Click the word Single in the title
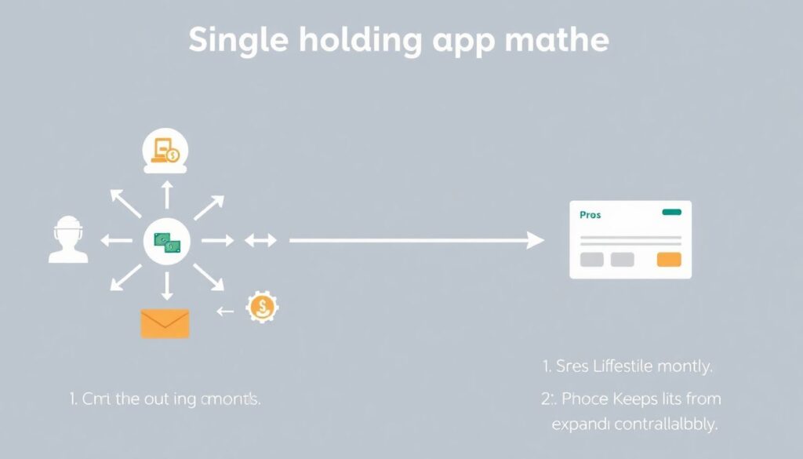(x=238, y=42)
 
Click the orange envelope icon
(x=165, y=323)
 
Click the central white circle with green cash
(x=166, y=242)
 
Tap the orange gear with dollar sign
(x=262, y=308)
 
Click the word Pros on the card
(x=590, y=214)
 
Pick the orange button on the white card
(x=669, y=260)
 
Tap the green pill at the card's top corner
(x=672, y=212)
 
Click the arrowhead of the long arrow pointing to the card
(x=536, y=241)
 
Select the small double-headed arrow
(x=261, y=241)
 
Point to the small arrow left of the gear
(x=226, y=311)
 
